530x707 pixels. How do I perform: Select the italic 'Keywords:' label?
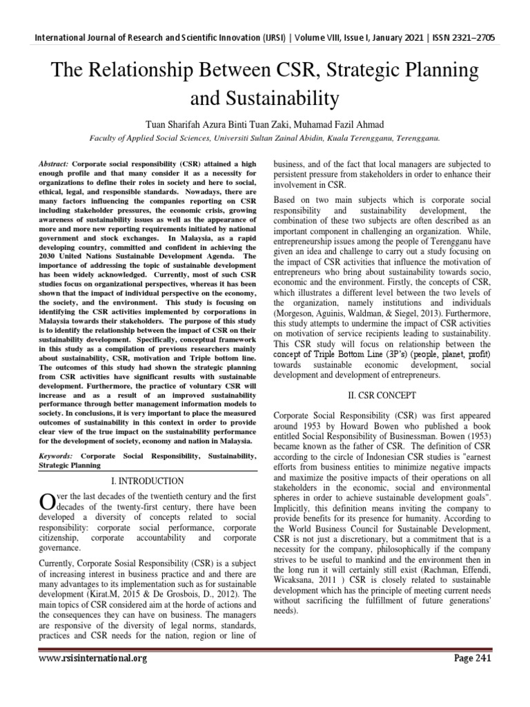[56, 456]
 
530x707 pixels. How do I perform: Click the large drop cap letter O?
[47, 503]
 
